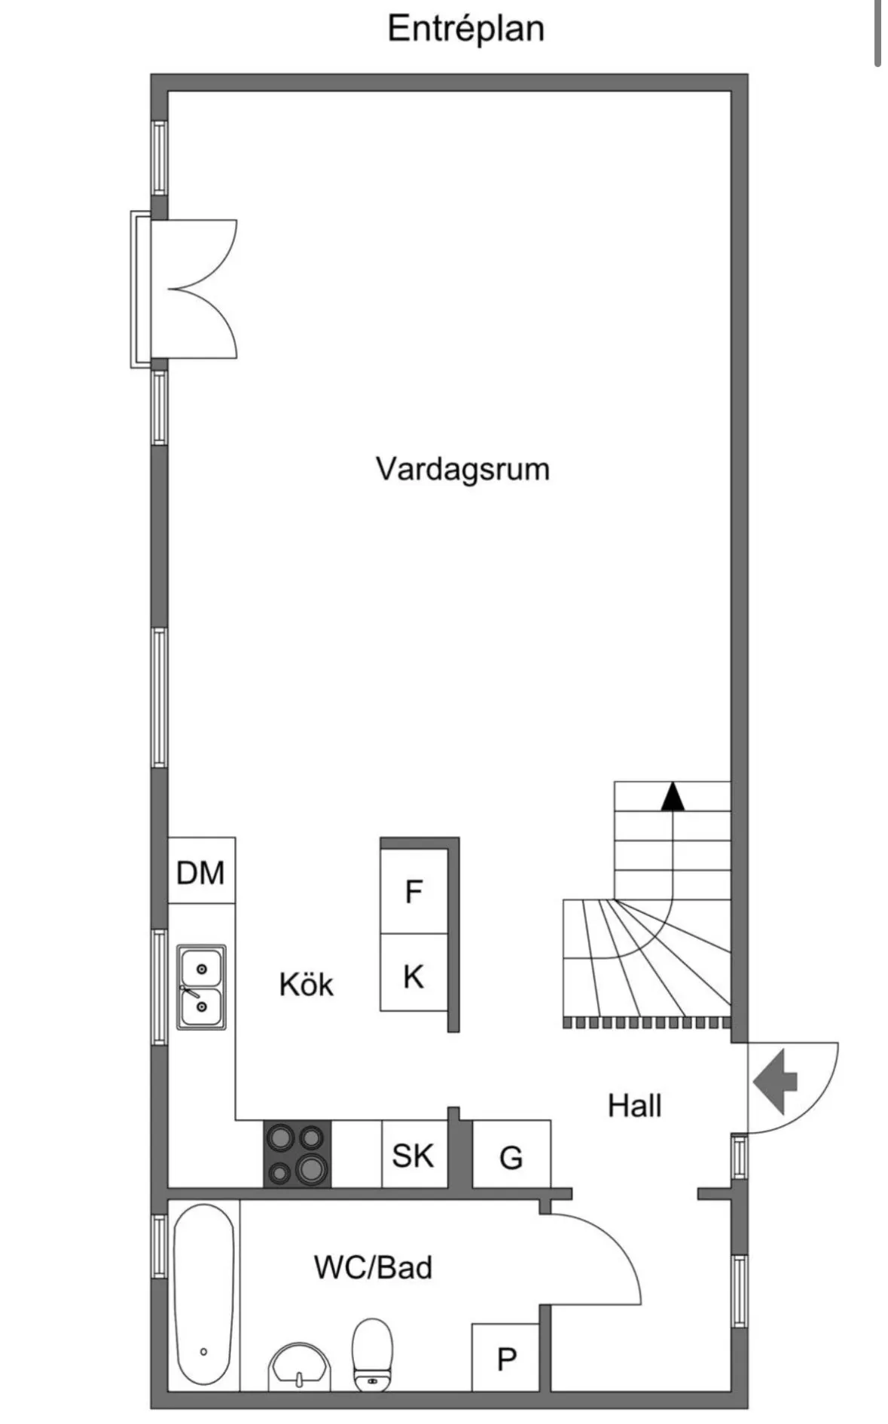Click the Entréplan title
[x=465, y=29]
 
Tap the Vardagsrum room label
[x=462, y=469]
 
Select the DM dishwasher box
[x=201, y=872]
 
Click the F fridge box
[x=413, y=892]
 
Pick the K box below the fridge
[x=413, y=976]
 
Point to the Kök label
[x=306, y=985]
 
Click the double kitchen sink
[x=201, y=987]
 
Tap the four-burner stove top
[x=298, y=1154]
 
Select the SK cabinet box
[x=413, y=1155]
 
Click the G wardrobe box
[x=511, y=1157]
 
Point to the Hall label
[x=635, y=1106]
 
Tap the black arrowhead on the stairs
[x=673, y=798]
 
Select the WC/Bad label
[x=374, y=1267]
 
